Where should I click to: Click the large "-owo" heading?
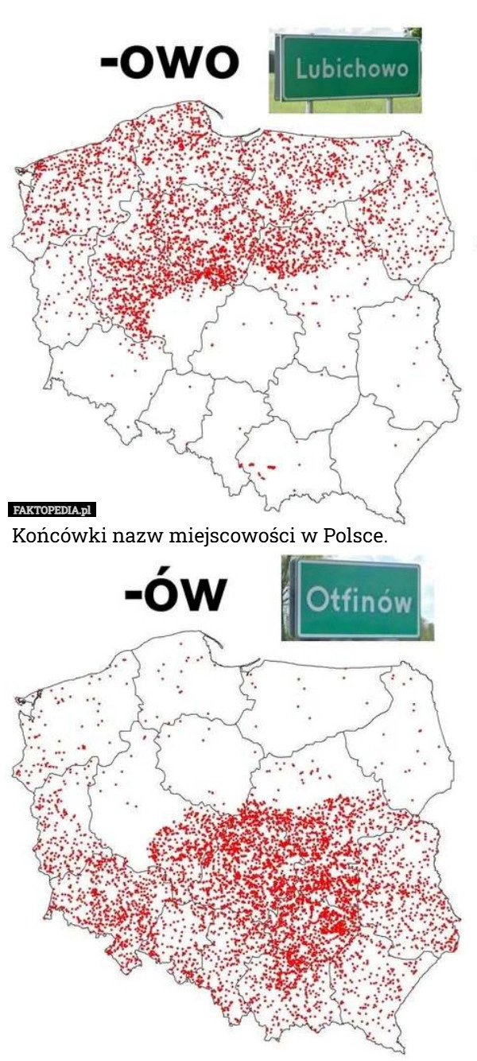pos(169,61)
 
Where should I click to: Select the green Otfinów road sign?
pos(358,597)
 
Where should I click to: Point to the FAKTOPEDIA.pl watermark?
pos(52,510)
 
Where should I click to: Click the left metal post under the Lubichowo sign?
pos(308,106)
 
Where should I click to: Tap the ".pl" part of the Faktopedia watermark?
pos(87,510)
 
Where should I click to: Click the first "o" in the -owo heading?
pos(140,62)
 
